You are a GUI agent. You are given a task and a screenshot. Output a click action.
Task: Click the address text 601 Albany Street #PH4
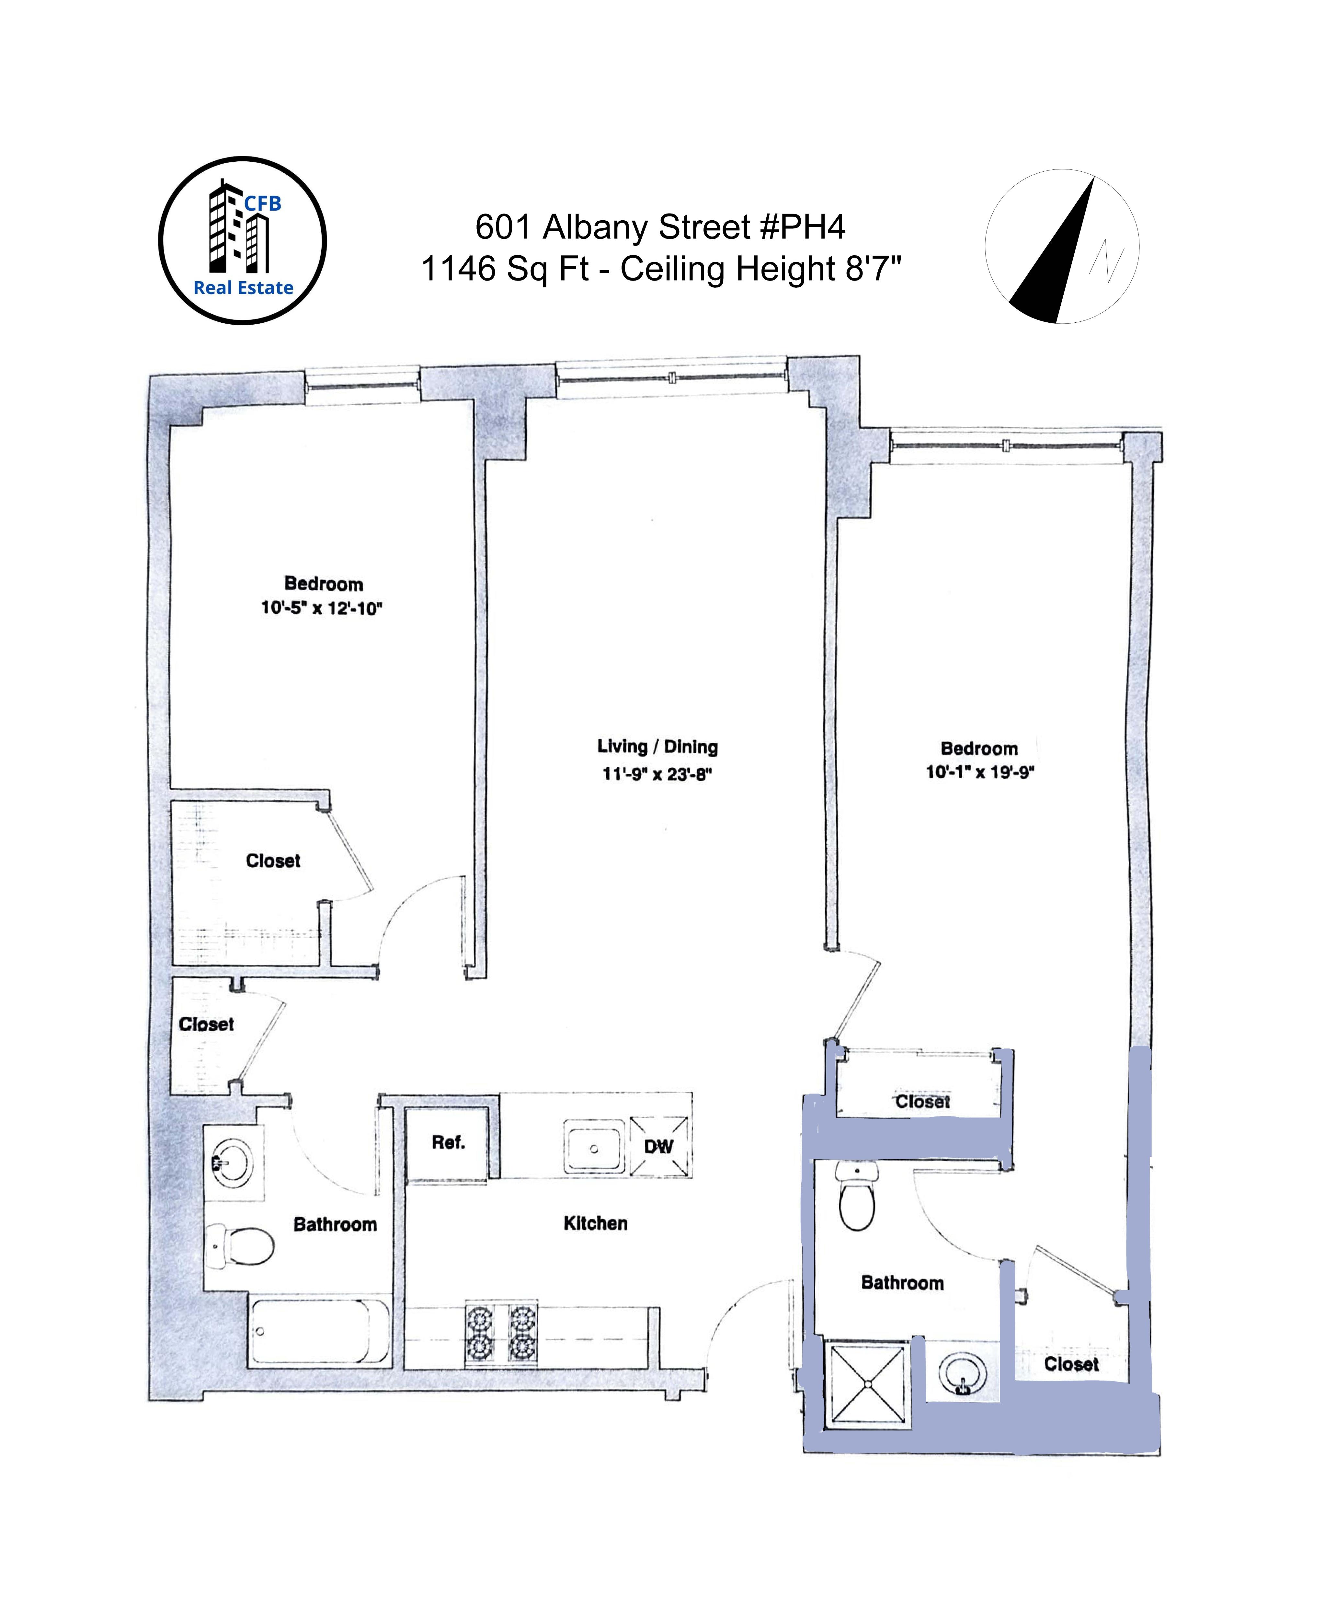[660, 227]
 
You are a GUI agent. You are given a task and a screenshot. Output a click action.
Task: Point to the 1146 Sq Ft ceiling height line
[661, 269]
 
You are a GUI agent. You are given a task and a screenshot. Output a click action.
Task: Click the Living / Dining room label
[657, 746]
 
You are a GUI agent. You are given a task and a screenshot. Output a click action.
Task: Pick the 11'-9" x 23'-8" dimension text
[657, 774]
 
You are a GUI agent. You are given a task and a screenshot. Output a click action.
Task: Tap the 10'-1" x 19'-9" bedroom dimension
[980, 772]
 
